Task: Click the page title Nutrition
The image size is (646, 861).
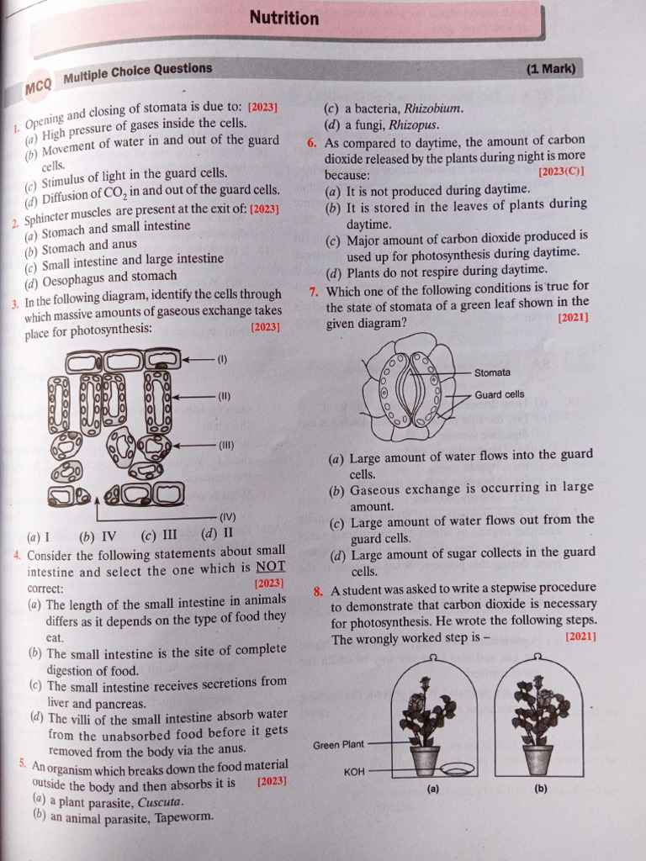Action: click(284, 18)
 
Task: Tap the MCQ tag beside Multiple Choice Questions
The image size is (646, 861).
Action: click(39, 86)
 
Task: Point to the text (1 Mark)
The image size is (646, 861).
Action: click(551, 69)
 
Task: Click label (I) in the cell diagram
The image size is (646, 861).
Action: click(222, 359)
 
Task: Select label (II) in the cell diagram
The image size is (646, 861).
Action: click(225, 396)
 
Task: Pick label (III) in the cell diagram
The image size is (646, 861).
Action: click(226, 445)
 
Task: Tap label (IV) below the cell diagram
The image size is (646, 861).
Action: click(228, 516)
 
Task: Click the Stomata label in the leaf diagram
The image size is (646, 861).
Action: click(492, 372)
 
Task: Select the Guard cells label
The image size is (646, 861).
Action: click(499, 394)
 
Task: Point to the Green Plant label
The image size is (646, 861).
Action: click(339, 745)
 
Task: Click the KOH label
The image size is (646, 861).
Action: click(354, 770)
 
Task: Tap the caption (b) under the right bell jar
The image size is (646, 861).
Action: click(541, 789)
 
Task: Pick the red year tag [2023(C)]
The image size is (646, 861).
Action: click(561, 172)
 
